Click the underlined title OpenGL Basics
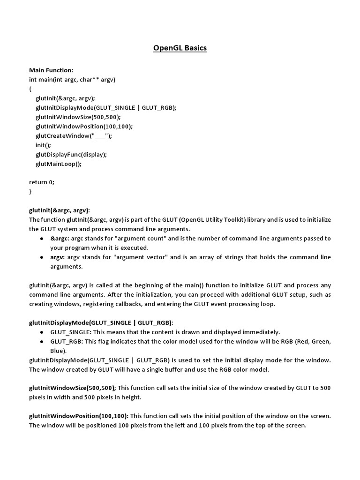pos(180,48)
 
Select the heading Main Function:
pos(51,70)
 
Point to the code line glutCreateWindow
pos(74,135)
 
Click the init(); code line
pos(43,145)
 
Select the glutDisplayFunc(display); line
pos(71,154)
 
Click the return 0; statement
pos(41,182)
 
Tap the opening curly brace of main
pos(30,89)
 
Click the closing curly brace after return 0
pos(30,191)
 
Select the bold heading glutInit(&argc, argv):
pos(59,210)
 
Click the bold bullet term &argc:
pos(60,238)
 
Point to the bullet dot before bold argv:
pos(43,257)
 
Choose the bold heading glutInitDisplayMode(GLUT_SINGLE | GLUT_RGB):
pos(101,322)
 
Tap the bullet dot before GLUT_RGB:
pos(43,341)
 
